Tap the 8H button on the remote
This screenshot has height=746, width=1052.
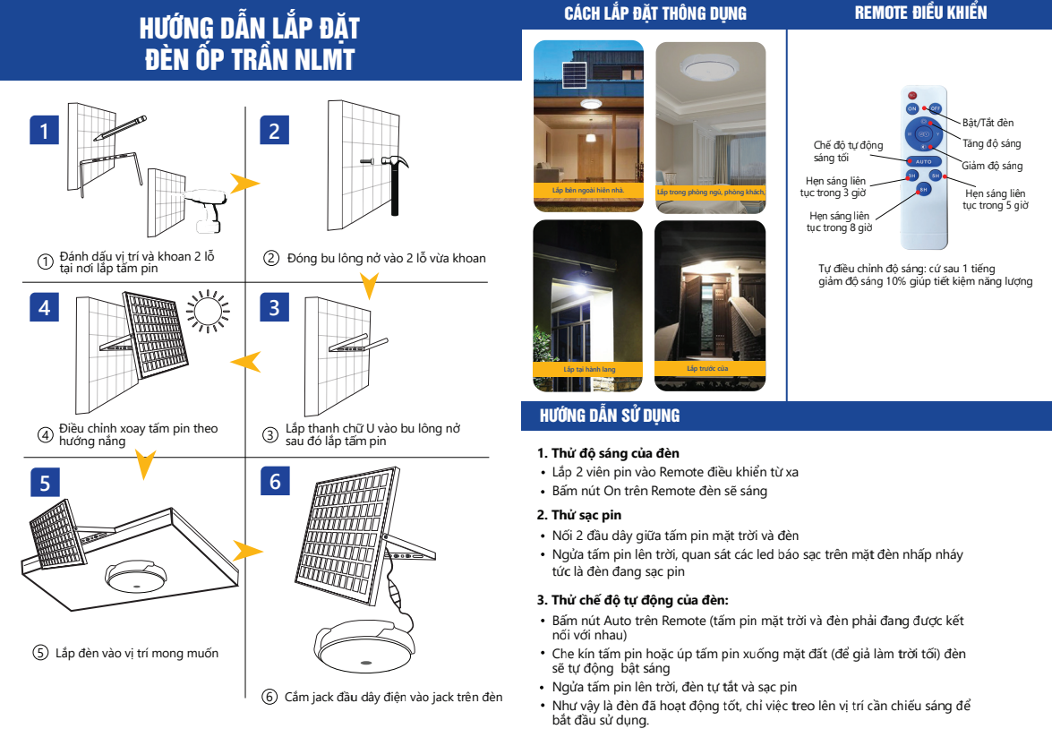click(x=924, y=189)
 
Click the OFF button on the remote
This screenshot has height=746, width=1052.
click(x=935, y=108)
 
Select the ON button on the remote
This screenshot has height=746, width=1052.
click(x=912, y=108)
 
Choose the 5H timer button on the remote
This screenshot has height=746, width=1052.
click(x=935, y=175)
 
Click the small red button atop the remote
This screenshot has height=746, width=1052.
click(x=912, y=95)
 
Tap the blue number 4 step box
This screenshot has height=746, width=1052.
click(x=44, y=307)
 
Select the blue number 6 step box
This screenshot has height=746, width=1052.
click(x=275, y=481)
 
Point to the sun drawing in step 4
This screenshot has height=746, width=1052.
click(x=208, y=311)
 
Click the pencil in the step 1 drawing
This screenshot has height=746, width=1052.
click(x=119, y=126)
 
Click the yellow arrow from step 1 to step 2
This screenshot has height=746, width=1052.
click(x=244, y=184)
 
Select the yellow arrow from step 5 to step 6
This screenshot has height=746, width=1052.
click(x=246, y=548)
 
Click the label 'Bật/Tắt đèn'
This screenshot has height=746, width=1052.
click(x=988, y=123)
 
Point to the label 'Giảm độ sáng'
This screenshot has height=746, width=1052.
click(x=992, y=166)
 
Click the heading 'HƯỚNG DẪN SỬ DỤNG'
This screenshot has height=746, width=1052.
click(x=610, y=416)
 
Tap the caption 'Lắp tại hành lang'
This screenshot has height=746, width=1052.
click(x=588, y=369)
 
